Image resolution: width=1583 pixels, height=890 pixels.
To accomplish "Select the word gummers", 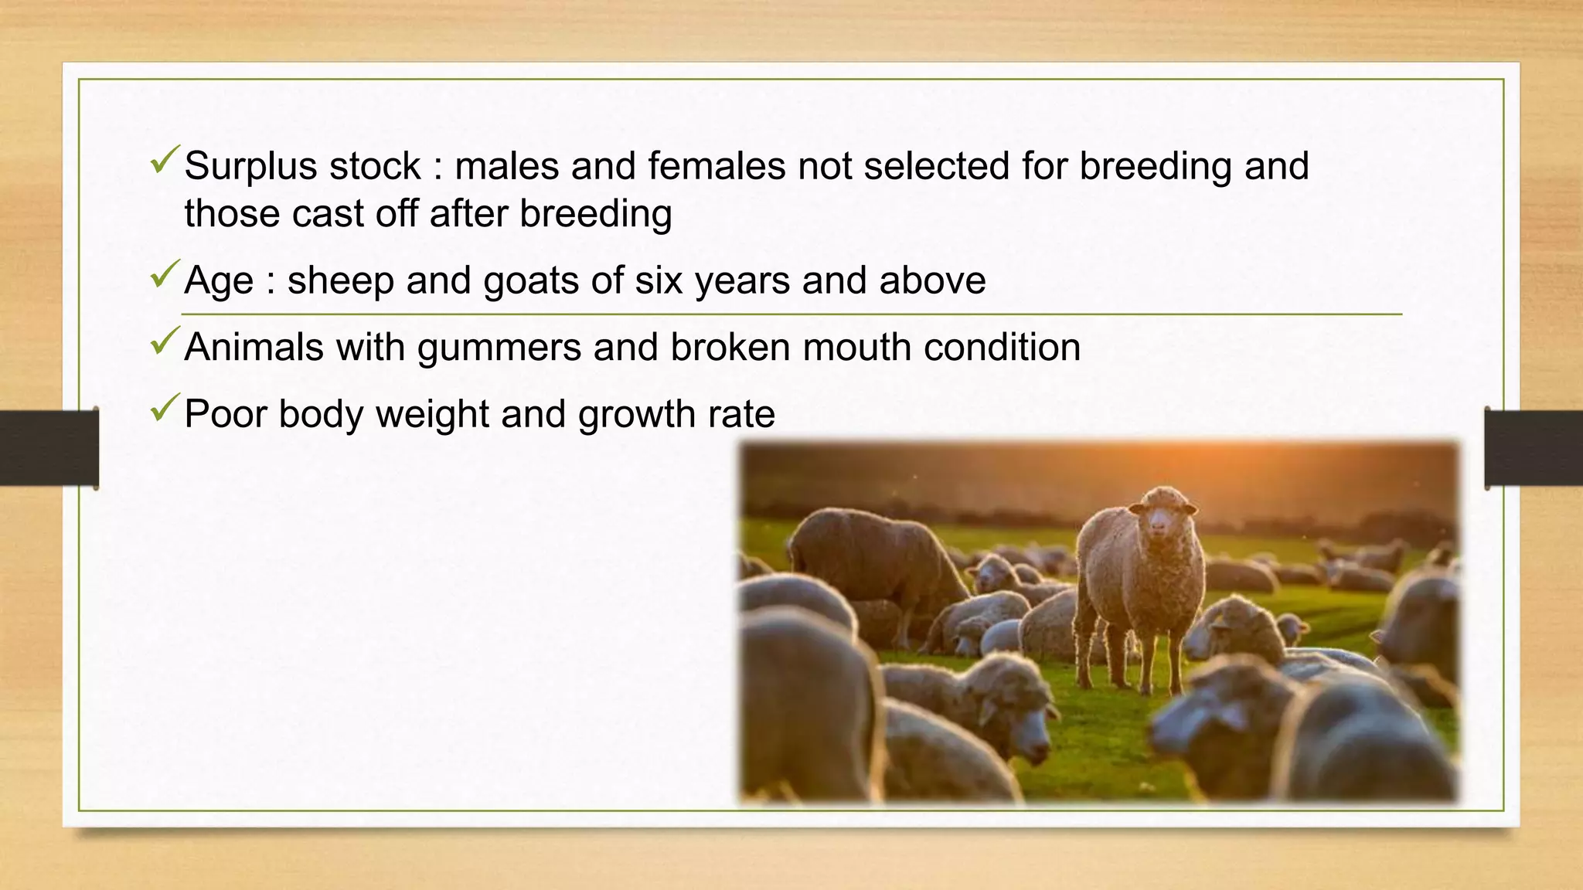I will click(x=499, y=348).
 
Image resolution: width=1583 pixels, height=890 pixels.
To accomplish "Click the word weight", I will click(x=431, y=414).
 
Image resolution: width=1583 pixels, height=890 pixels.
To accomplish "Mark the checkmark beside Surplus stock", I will click(x=165, y=160).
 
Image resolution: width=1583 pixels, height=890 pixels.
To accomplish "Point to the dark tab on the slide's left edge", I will click(x=49, y=448).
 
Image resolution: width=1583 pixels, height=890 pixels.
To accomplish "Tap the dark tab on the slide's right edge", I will click(x=1534, y=448).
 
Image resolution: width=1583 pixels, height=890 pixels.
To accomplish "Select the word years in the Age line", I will click(x=743, y=280).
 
